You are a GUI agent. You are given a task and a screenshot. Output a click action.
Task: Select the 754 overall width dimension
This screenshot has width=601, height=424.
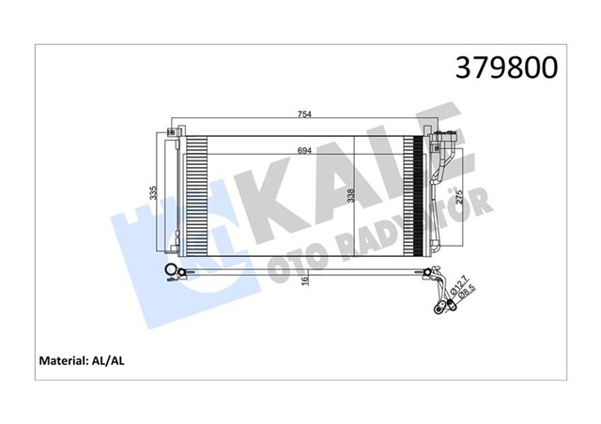304,115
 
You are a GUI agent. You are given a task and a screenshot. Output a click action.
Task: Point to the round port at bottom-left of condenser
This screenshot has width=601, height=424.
171,274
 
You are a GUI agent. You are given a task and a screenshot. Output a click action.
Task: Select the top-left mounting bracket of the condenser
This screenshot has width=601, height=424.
171,130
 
